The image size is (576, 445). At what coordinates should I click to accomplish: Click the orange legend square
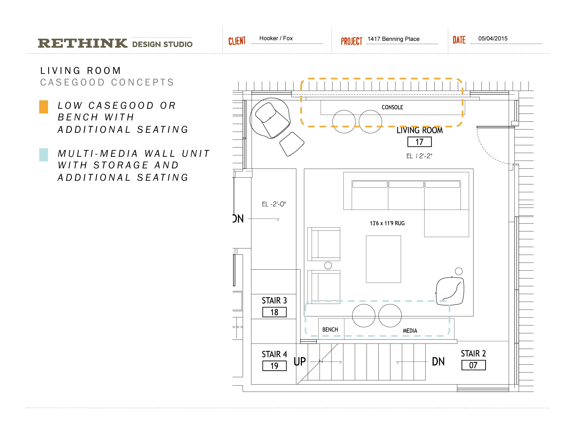pos(43,107)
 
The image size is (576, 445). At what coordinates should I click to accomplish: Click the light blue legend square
pos(43,155)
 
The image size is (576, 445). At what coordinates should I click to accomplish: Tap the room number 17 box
pos(419,142)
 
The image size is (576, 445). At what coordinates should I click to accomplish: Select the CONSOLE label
pos(392,107)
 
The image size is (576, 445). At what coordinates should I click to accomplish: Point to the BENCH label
pos(330,330)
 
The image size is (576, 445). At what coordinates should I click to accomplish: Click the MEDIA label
pos(410,331)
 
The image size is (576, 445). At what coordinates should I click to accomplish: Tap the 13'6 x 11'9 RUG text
pos(387,223)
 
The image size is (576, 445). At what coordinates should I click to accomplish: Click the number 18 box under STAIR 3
pos(274,312)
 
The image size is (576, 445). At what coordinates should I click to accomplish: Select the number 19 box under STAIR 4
pos(274,366)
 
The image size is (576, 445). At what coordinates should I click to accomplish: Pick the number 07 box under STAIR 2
pos(473,365)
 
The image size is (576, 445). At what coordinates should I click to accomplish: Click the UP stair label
pos(300,362)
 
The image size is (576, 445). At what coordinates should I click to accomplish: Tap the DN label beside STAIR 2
pos(438,362)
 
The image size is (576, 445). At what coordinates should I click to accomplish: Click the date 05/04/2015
pos(493,38)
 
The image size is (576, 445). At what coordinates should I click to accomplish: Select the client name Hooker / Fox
pos(276,38)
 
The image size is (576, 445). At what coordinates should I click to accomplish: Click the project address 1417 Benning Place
pos(393,39)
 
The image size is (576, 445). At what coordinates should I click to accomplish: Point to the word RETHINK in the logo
pos(82,43)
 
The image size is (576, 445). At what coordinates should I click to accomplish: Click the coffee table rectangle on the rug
pos(383,259)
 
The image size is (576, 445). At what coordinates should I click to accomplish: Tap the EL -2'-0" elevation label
pos(274,204)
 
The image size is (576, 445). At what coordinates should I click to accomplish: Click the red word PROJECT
pos(351,41)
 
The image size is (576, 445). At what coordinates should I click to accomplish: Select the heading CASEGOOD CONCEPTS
pos(107,82)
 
